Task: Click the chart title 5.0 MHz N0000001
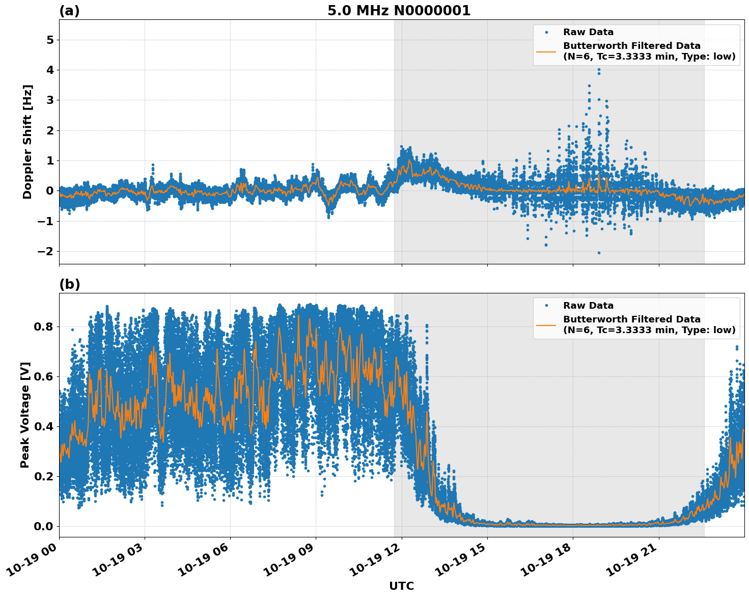pyautogui.click(x=399, y=11)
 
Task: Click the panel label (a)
pyautogui.click(x=69, y=11)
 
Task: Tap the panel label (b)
pyautogui.click(x=69, y=284)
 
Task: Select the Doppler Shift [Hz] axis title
pyautogui.click(x=27, y=142)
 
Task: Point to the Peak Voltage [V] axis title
pyautogui.click(x=25, y=415)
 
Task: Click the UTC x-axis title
pyautogui.click(x=401, y=586)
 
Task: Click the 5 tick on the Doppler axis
pyautogui.click(x=50, y=40)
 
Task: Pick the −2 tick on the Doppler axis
pyautogui.click(x=46, y=251)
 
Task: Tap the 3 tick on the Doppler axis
pyautogui.click(x=50, y=100)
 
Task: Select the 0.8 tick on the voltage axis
pyautogui.click(x=43, y=327)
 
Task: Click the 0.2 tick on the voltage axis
pyautogui.click(x=43, y=476)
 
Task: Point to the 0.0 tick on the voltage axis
pyautogui.click(x=43, y=526)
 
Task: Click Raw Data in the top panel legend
pyautogui.click(x=588, y=32)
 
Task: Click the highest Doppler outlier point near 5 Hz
pyautogui.click(x=599, y=40)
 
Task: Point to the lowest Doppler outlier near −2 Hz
pyautogui.click(x=599, y=253)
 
